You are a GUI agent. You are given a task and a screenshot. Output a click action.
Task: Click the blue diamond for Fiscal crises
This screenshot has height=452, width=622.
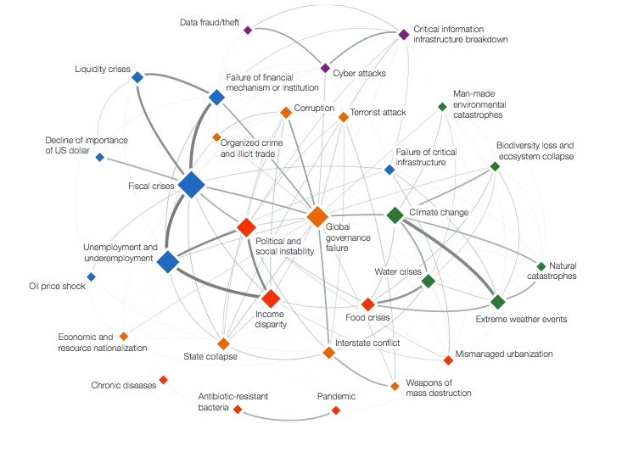192,184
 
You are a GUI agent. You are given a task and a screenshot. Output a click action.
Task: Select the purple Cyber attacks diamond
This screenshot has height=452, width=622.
325,68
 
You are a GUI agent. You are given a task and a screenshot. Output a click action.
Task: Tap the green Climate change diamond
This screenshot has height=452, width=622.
395,215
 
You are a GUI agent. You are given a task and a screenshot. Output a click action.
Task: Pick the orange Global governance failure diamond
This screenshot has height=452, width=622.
317,217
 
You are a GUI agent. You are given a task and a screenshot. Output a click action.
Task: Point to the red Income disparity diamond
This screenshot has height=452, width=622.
271,299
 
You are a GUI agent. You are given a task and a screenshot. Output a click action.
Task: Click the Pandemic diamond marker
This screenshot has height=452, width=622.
336,410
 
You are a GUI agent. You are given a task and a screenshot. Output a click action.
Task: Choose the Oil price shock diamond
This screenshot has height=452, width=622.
92,276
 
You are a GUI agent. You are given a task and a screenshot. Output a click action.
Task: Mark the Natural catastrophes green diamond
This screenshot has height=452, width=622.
541,266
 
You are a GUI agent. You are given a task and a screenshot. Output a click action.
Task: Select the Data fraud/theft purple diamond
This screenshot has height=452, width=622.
248,30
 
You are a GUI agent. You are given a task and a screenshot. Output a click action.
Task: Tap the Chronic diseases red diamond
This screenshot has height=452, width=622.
164,380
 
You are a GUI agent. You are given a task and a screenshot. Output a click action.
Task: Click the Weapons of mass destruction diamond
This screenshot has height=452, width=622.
395,386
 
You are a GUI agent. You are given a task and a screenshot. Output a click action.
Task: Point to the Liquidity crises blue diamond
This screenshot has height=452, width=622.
137,77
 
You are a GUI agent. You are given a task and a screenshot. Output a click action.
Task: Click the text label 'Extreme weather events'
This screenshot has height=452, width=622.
521,319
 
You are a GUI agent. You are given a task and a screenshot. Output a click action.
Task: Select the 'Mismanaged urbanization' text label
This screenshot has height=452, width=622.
503,354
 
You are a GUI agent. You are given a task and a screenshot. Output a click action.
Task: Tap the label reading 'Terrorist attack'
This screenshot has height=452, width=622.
378,112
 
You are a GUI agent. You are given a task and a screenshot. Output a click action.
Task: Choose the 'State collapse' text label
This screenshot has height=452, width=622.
210,356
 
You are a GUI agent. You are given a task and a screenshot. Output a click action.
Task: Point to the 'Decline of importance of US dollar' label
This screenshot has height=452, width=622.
73,145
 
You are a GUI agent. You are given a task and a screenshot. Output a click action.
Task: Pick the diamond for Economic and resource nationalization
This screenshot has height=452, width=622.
124,336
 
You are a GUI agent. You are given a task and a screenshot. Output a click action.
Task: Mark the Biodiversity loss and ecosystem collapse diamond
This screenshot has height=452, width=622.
496,166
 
